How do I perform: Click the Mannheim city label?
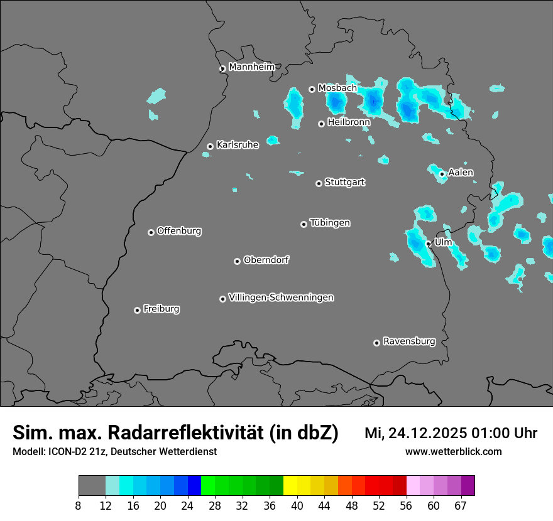251,67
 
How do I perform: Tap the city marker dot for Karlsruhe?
210,146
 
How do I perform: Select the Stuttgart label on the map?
344,182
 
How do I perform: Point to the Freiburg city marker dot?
137,310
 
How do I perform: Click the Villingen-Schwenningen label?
281,298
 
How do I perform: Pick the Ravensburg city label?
408,341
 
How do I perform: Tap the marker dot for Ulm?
428,244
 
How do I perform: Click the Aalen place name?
461,173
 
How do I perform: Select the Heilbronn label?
349,122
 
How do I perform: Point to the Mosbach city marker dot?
312,89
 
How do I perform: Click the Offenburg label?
179,231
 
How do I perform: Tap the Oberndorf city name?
266,260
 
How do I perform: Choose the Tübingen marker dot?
304,224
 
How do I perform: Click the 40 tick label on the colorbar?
297,505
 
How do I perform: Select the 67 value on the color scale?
461,505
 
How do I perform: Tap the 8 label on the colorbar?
79,505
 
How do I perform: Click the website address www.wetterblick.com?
453,451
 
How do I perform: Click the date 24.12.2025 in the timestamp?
427,433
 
